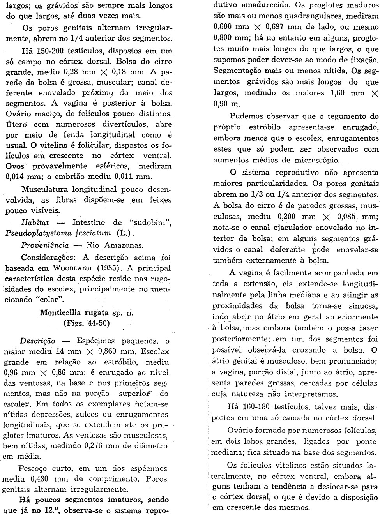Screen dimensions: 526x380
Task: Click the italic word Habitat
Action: tap(35, 234)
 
